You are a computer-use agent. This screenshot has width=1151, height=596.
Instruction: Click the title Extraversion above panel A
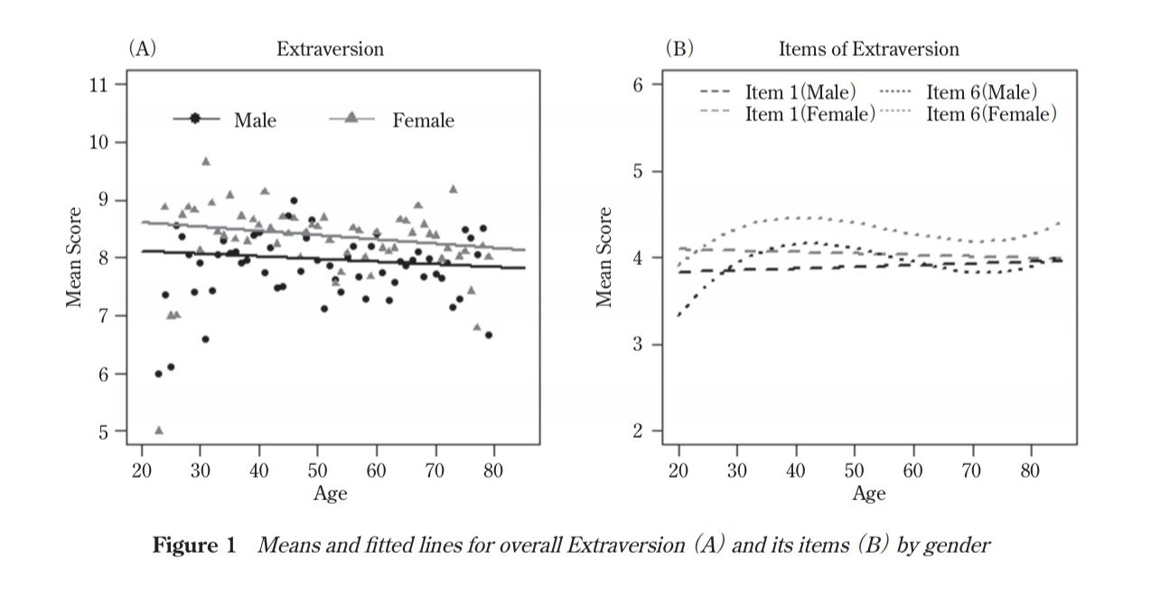click(330, 50)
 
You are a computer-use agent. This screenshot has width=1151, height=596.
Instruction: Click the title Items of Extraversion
click(868, 50)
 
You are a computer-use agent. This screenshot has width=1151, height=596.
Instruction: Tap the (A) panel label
click(142, 49)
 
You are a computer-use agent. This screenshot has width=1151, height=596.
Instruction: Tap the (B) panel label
click(679, 49)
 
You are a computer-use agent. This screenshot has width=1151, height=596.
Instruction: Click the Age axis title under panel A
click(331, 494)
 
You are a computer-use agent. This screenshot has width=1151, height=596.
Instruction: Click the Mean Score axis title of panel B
click(604, 257)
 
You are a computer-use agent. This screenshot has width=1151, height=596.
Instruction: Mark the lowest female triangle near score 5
click(159, 430)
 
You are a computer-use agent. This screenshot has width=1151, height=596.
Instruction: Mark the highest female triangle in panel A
click(206, 162)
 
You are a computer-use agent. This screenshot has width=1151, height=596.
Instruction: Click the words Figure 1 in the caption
click(194, 545)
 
